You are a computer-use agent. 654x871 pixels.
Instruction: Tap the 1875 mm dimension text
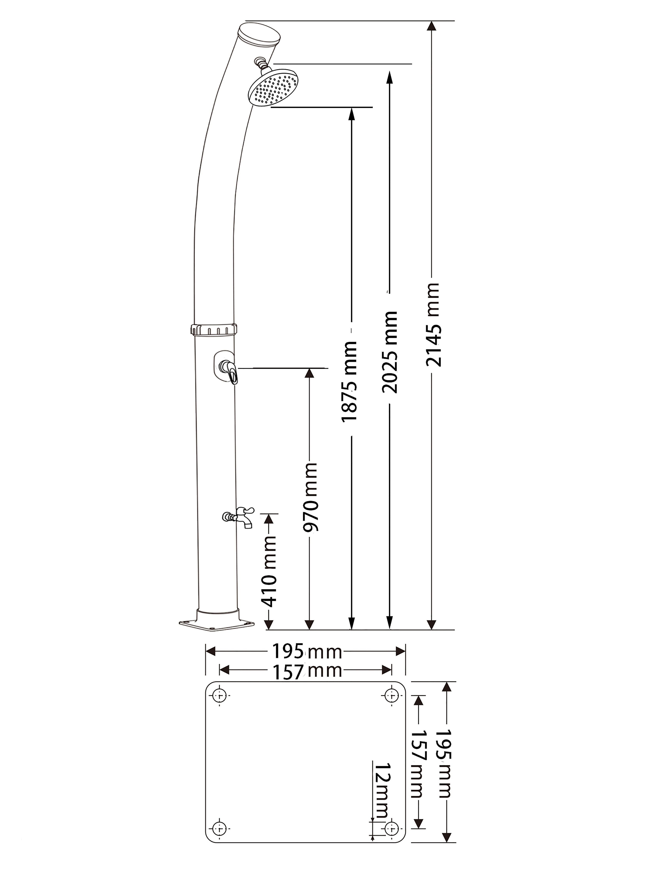pos(349,381)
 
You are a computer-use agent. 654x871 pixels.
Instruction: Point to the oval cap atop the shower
pos(260,34)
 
